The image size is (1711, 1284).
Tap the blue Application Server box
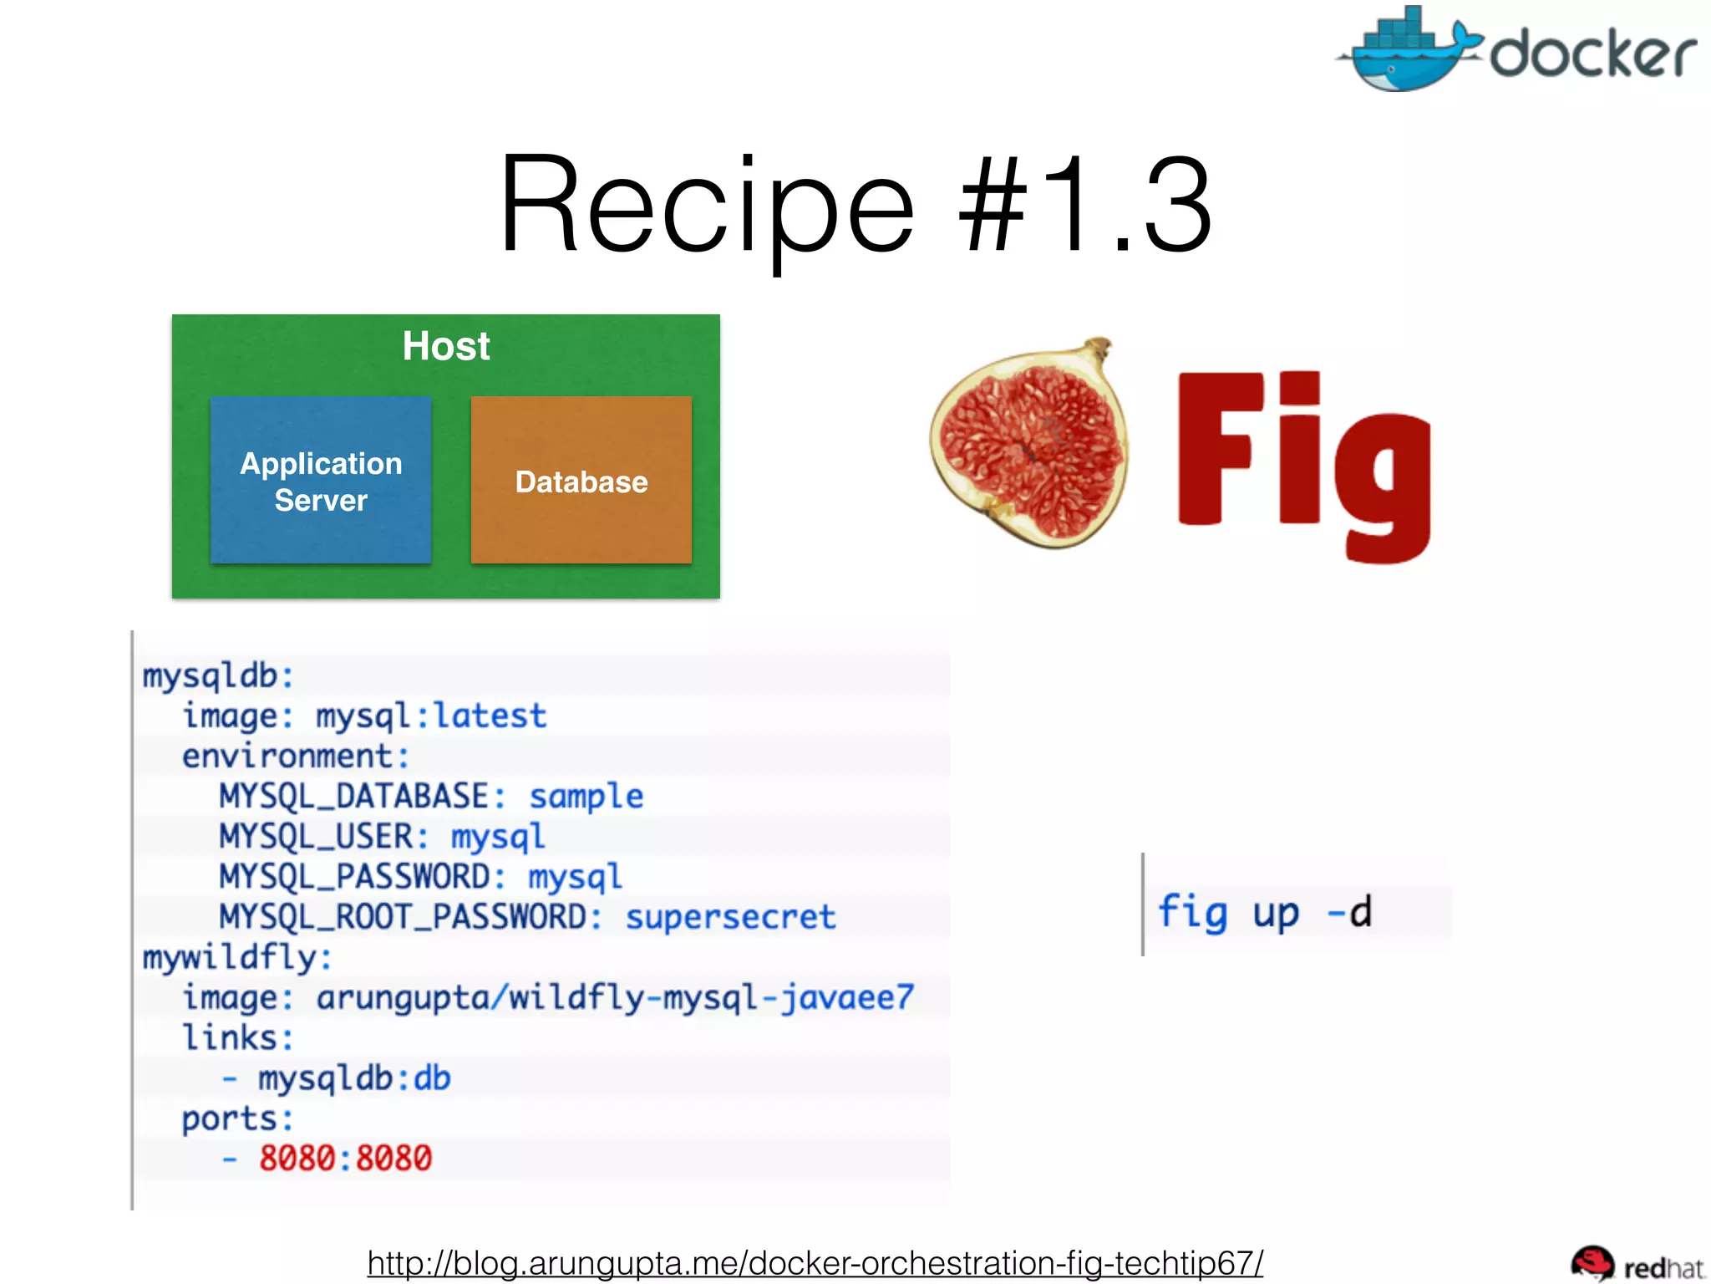click(321, 481)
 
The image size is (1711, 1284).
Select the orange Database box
click(581, 481)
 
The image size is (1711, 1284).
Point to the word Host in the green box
click(446, 346)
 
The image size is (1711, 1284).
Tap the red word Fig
click(1303, 464)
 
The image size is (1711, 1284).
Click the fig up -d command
click(1263, 910)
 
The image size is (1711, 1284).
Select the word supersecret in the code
click(730, 917)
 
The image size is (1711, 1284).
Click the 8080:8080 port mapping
click(345, 1158)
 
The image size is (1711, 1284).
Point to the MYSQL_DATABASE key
click(354, 796)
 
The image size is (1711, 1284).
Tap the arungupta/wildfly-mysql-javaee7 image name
click(615, 997)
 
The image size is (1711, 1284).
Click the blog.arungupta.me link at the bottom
click(815, 1261)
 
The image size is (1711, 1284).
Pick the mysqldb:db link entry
click(354, 1078)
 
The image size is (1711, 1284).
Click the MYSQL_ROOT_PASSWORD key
click(403, 917)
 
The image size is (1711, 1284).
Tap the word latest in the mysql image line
click(490, 716)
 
